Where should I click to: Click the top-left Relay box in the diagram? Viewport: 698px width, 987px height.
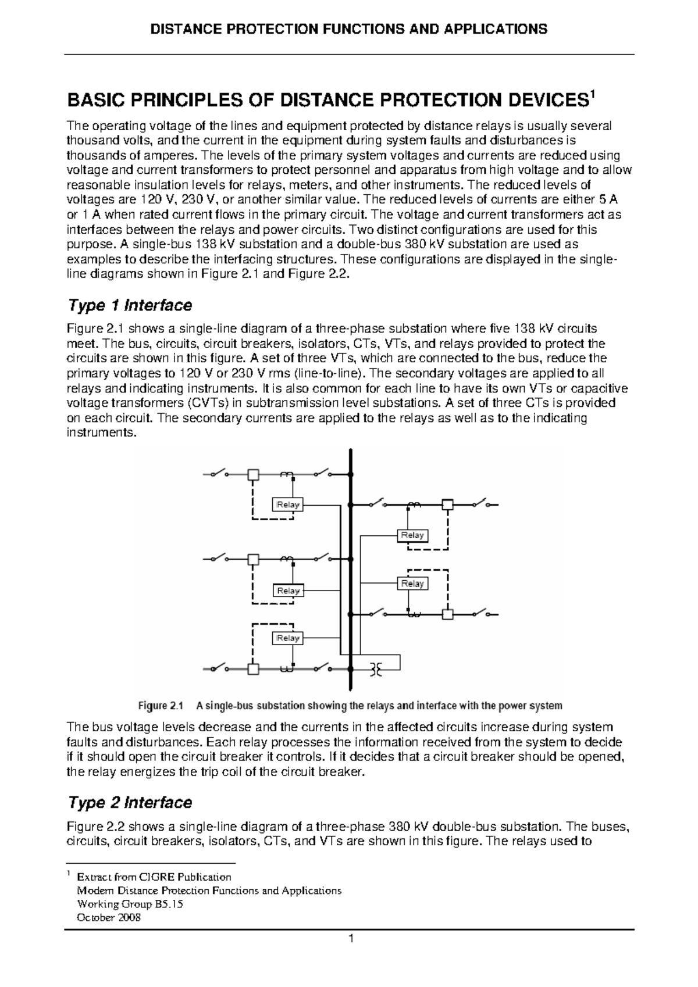click(x=288, y=505)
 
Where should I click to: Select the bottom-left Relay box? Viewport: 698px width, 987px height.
click(x=288, y=638)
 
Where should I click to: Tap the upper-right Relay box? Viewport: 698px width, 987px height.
click(x=412, y=535)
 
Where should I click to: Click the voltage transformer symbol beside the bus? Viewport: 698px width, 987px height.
click(x=376, y=670)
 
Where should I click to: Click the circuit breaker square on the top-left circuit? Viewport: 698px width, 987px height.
click(x=253, y=475)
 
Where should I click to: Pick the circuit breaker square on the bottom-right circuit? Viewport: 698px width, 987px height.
click(x=447, y=614)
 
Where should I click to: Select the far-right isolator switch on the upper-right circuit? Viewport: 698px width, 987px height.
click(x=482, y=503)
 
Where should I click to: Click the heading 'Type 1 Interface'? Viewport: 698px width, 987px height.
click(x=130, y=305)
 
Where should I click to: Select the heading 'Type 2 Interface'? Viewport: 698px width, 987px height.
click(x=130, y=803)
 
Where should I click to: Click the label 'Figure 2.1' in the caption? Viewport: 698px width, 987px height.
click(x=160, y=706)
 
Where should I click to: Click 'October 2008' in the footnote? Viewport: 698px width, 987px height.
click(x=109, y=918)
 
